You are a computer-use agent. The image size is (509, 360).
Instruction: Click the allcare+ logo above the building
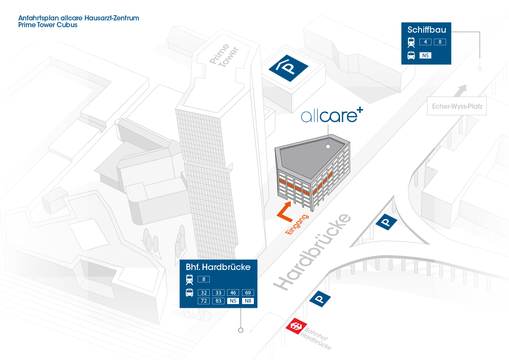[x=332, y=115]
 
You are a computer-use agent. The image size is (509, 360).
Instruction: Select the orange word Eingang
[x=297, y=224]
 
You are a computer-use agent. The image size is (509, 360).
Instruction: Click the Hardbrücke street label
[x=312, y=252]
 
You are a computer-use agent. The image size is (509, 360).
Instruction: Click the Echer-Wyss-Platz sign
[x=457, y=106]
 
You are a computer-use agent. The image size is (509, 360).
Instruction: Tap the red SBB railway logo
[x=296, y=326]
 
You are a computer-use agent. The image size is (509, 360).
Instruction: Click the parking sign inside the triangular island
[x=386, y=222]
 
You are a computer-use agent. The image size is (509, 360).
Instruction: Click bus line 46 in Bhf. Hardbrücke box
[x=233, y=292]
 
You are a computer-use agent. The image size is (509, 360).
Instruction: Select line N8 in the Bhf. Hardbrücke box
[x=248, y=301]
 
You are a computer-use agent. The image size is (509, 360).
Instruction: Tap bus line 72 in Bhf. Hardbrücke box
[x=204, y=301]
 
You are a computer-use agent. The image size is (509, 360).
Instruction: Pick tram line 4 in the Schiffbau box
[x=425, y=42]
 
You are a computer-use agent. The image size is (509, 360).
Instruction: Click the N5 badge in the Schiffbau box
[x=425, y=56]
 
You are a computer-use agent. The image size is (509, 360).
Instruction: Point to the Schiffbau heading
[x=427, y=30]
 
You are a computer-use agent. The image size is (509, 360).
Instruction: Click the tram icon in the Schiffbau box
[x=411, y=42]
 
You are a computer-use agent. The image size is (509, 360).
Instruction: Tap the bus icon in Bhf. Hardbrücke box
[x=190, y=293]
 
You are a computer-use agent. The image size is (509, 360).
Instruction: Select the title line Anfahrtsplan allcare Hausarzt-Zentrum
[x=79, y=18]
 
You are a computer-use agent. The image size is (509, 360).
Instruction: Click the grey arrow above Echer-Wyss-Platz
[x=460, y=90]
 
